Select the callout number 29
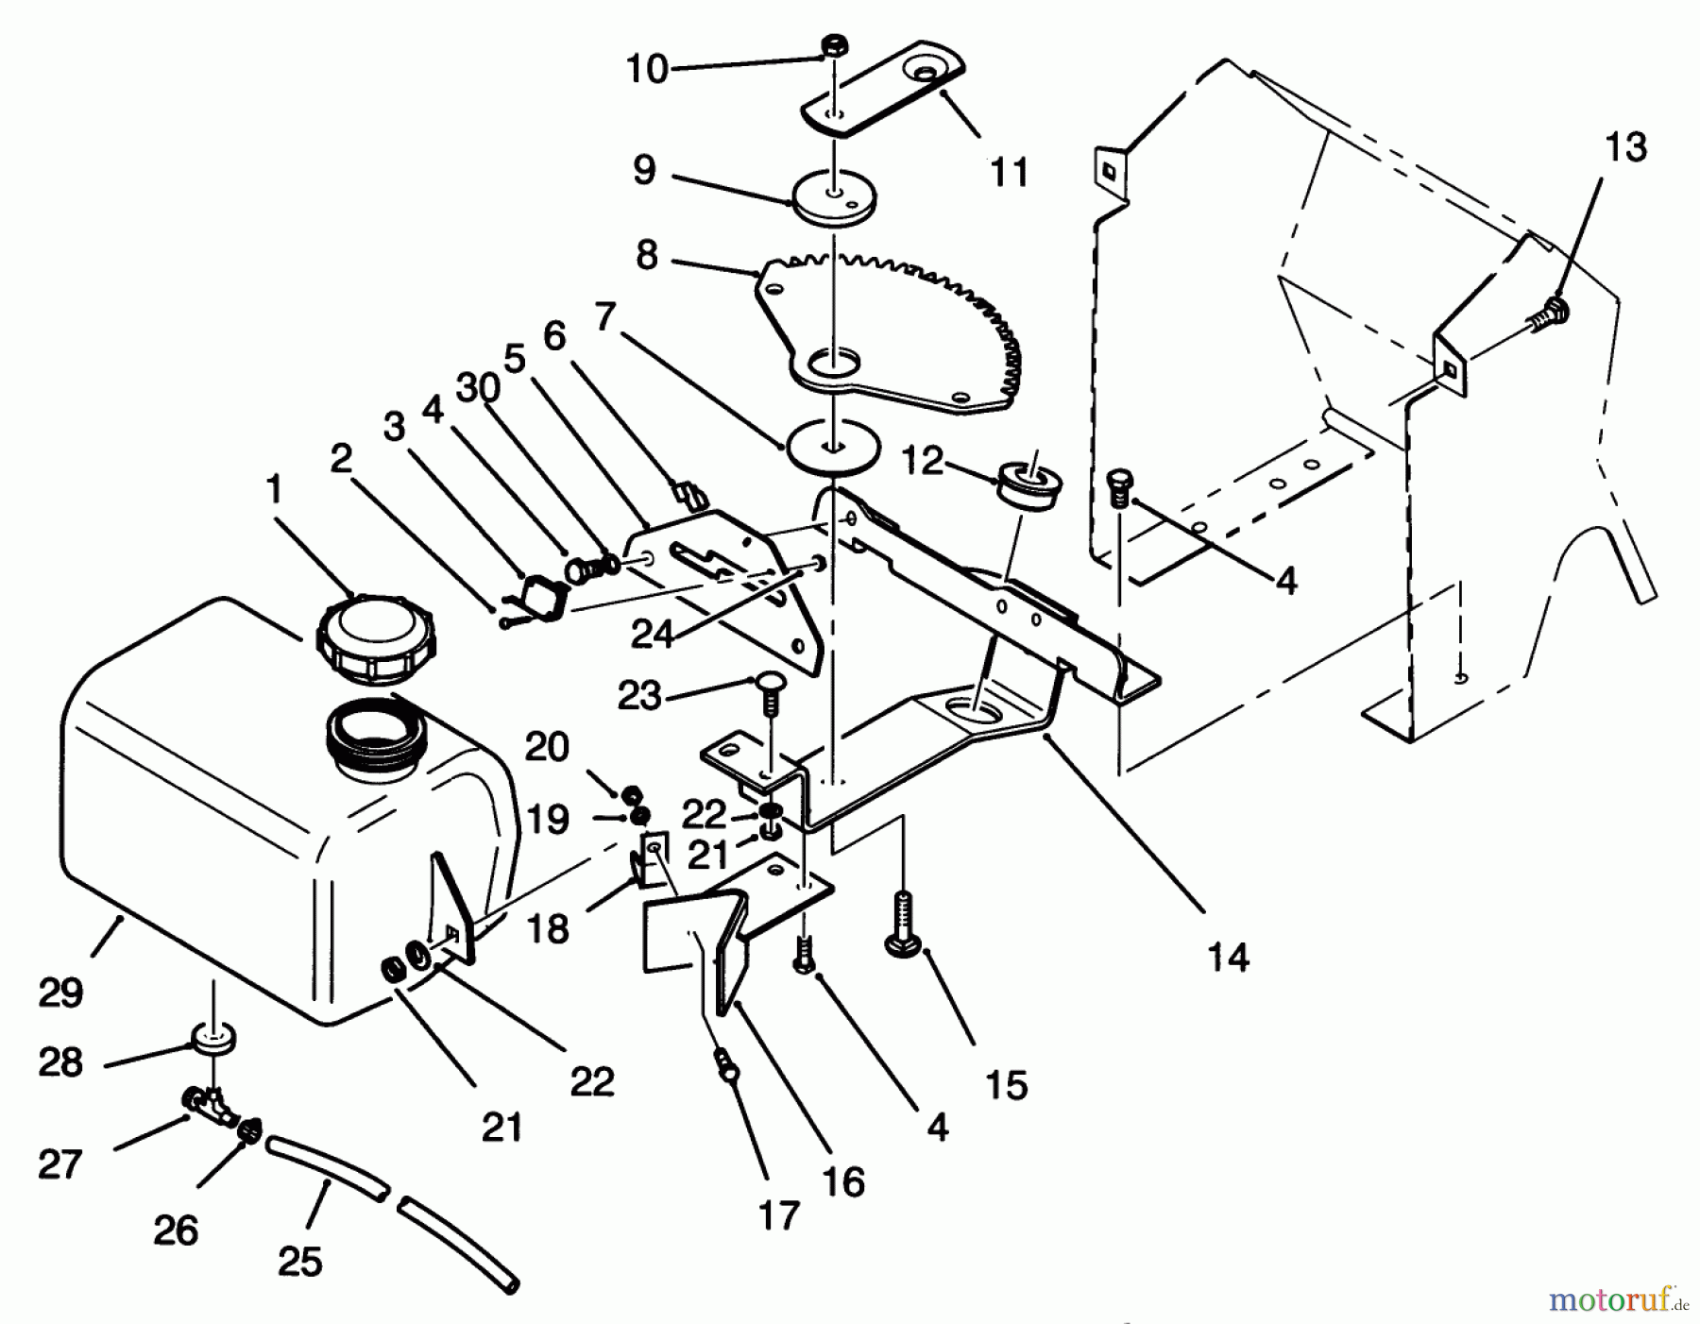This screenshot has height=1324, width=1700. point(61,993)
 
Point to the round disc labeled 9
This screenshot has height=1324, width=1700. point(833,196)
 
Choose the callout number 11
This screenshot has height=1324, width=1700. point(1008,173)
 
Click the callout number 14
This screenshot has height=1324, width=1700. point(1228,958)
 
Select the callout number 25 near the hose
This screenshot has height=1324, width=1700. point(300,1262)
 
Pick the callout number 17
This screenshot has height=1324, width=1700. point(779,1215)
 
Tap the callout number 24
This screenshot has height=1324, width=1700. point(652,634)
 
